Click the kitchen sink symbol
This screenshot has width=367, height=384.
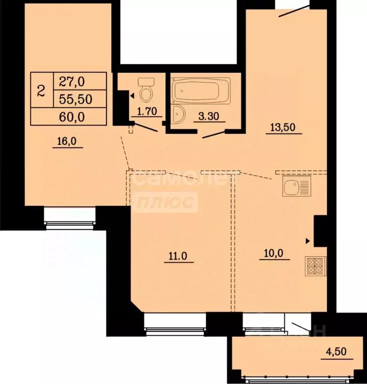tap(296, 187)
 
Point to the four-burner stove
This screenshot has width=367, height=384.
tap(315, 265)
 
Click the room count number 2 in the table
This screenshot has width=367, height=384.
tap(41, 90)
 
